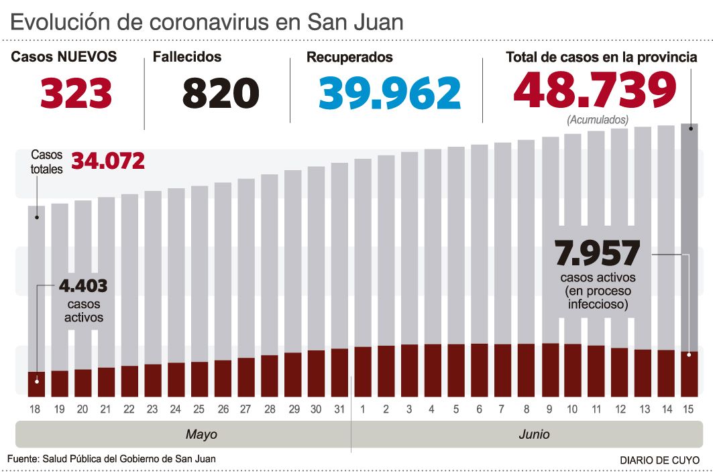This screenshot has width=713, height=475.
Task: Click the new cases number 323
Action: coord(76,93)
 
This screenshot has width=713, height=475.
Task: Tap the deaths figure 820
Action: coord(221,93)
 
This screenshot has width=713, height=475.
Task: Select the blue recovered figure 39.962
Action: coord(390,93)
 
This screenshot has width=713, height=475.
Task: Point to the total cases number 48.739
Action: coord(595,91)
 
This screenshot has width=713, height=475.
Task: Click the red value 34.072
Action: coord(107,161)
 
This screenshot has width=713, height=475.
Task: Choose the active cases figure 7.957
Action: coord(598,254)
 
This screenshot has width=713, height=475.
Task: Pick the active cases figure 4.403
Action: coord(83,286)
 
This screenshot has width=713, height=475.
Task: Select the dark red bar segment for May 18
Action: coord(36,383)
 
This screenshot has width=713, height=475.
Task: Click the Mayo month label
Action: coord(201,435)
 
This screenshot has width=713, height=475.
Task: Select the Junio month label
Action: coord(534,435)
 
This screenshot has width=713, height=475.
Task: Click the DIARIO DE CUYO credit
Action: coord(659,460)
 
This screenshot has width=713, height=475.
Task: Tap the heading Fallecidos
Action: coord(187,57)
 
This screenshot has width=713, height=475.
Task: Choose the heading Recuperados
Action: coord(349,58)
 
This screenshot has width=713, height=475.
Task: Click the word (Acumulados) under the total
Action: coord(597,121)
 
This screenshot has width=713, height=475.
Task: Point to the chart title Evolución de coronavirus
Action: coord(207,22)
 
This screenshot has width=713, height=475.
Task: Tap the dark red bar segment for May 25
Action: coord(199,379)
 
